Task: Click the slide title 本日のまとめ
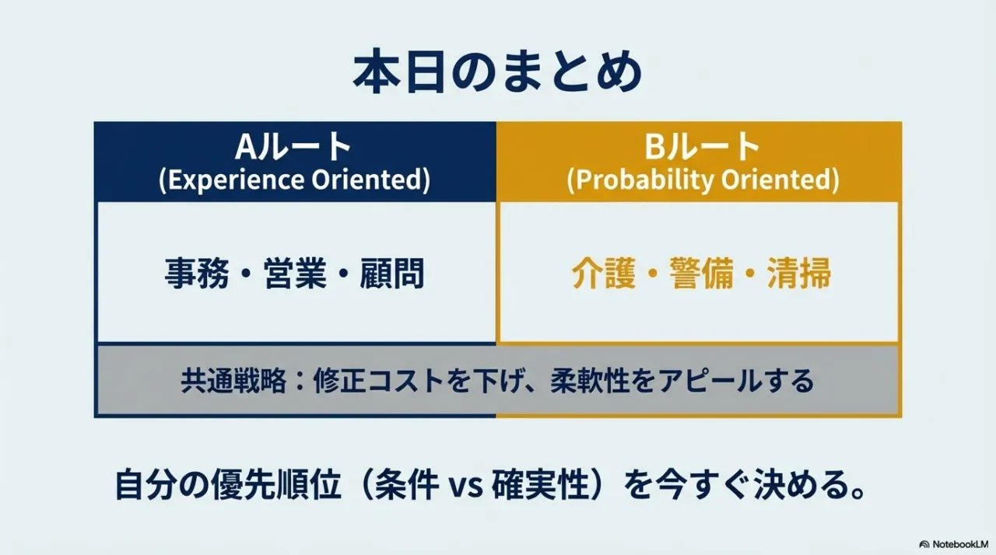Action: click(x=497, y=74)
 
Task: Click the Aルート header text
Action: click(x=294, y=146)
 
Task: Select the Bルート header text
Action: click(x=702, y=146)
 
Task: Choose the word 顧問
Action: click(x=392, y=274)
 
